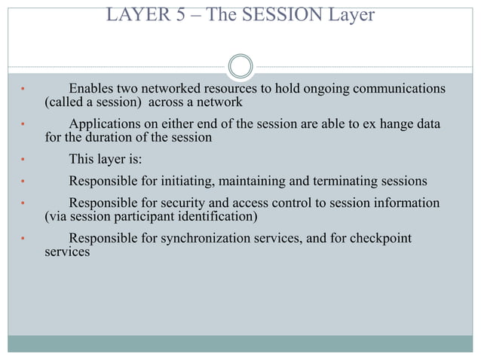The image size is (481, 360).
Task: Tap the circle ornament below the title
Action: click(x=240, y=66)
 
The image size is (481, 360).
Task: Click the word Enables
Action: click(x=93, y=90)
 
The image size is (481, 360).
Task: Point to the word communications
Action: click(x=394, y=90)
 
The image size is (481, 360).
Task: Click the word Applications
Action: click(x=106, y=124)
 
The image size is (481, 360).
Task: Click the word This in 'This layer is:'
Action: click(x=82, y=159)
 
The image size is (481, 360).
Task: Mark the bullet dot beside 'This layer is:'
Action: click(x=23, y=160)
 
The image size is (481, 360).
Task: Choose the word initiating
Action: click(x=185, y=181)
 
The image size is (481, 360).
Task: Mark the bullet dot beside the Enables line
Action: click(x=23, y=91)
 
